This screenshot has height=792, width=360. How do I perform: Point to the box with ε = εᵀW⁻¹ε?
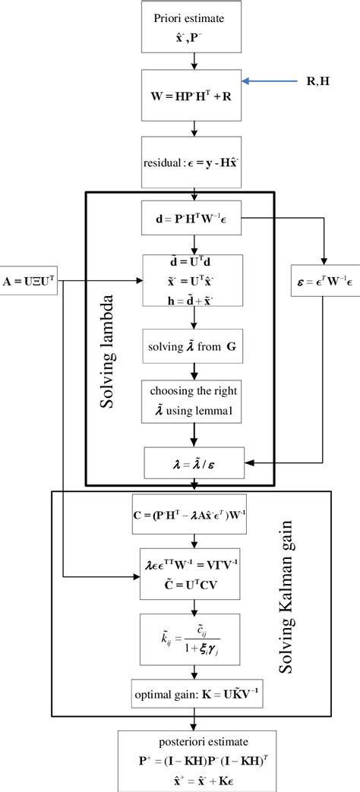point(324,288)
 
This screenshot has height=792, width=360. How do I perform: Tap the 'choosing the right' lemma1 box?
point(196,402)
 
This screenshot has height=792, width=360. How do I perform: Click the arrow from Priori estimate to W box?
point(196,61)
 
